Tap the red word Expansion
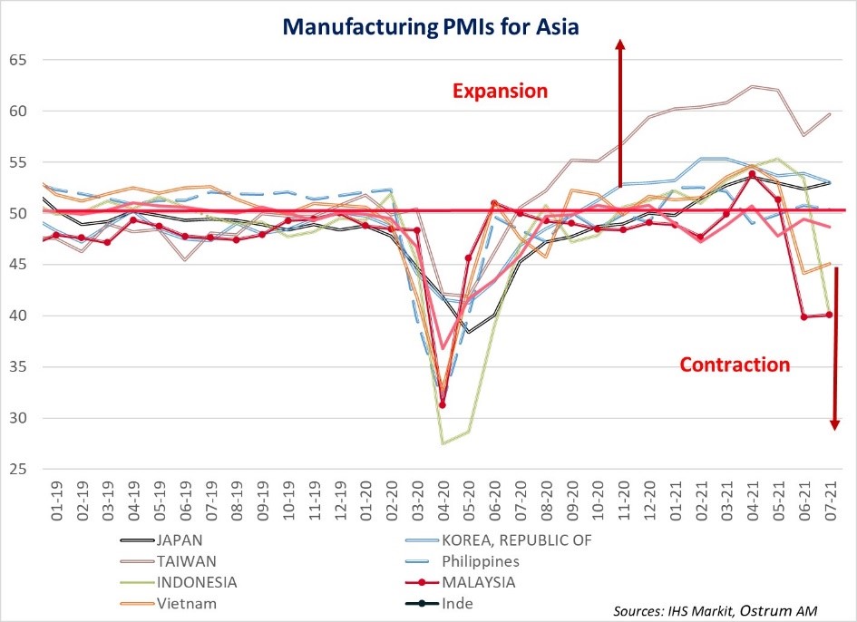point(501,92)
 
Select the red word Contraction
point(735,364)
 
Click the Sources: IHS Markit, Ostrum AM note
point(715,611)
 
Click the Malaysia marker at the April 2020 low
point(443,404)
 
